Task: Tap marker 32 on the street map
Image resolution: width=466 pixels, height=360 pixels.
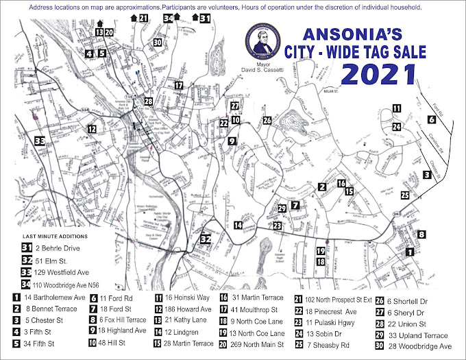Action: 205,239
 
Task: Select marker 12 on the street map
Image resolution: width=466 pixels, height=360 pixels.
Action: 90,128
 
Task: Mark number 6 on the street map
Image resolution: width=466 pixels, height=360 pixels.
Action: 431,119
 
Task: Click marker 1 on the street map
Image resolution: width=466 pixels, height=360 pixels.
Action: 410,252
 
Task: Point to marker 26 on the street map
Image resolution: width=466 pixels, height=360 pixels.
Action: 267,121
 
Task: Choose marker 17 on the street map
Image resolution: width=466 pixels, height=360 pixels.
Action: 178,86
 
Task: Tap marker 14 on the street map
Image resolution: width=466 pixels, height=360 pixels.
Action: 238,225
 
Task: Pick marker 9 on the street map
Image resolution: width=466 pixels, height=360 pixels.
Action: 232,141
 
